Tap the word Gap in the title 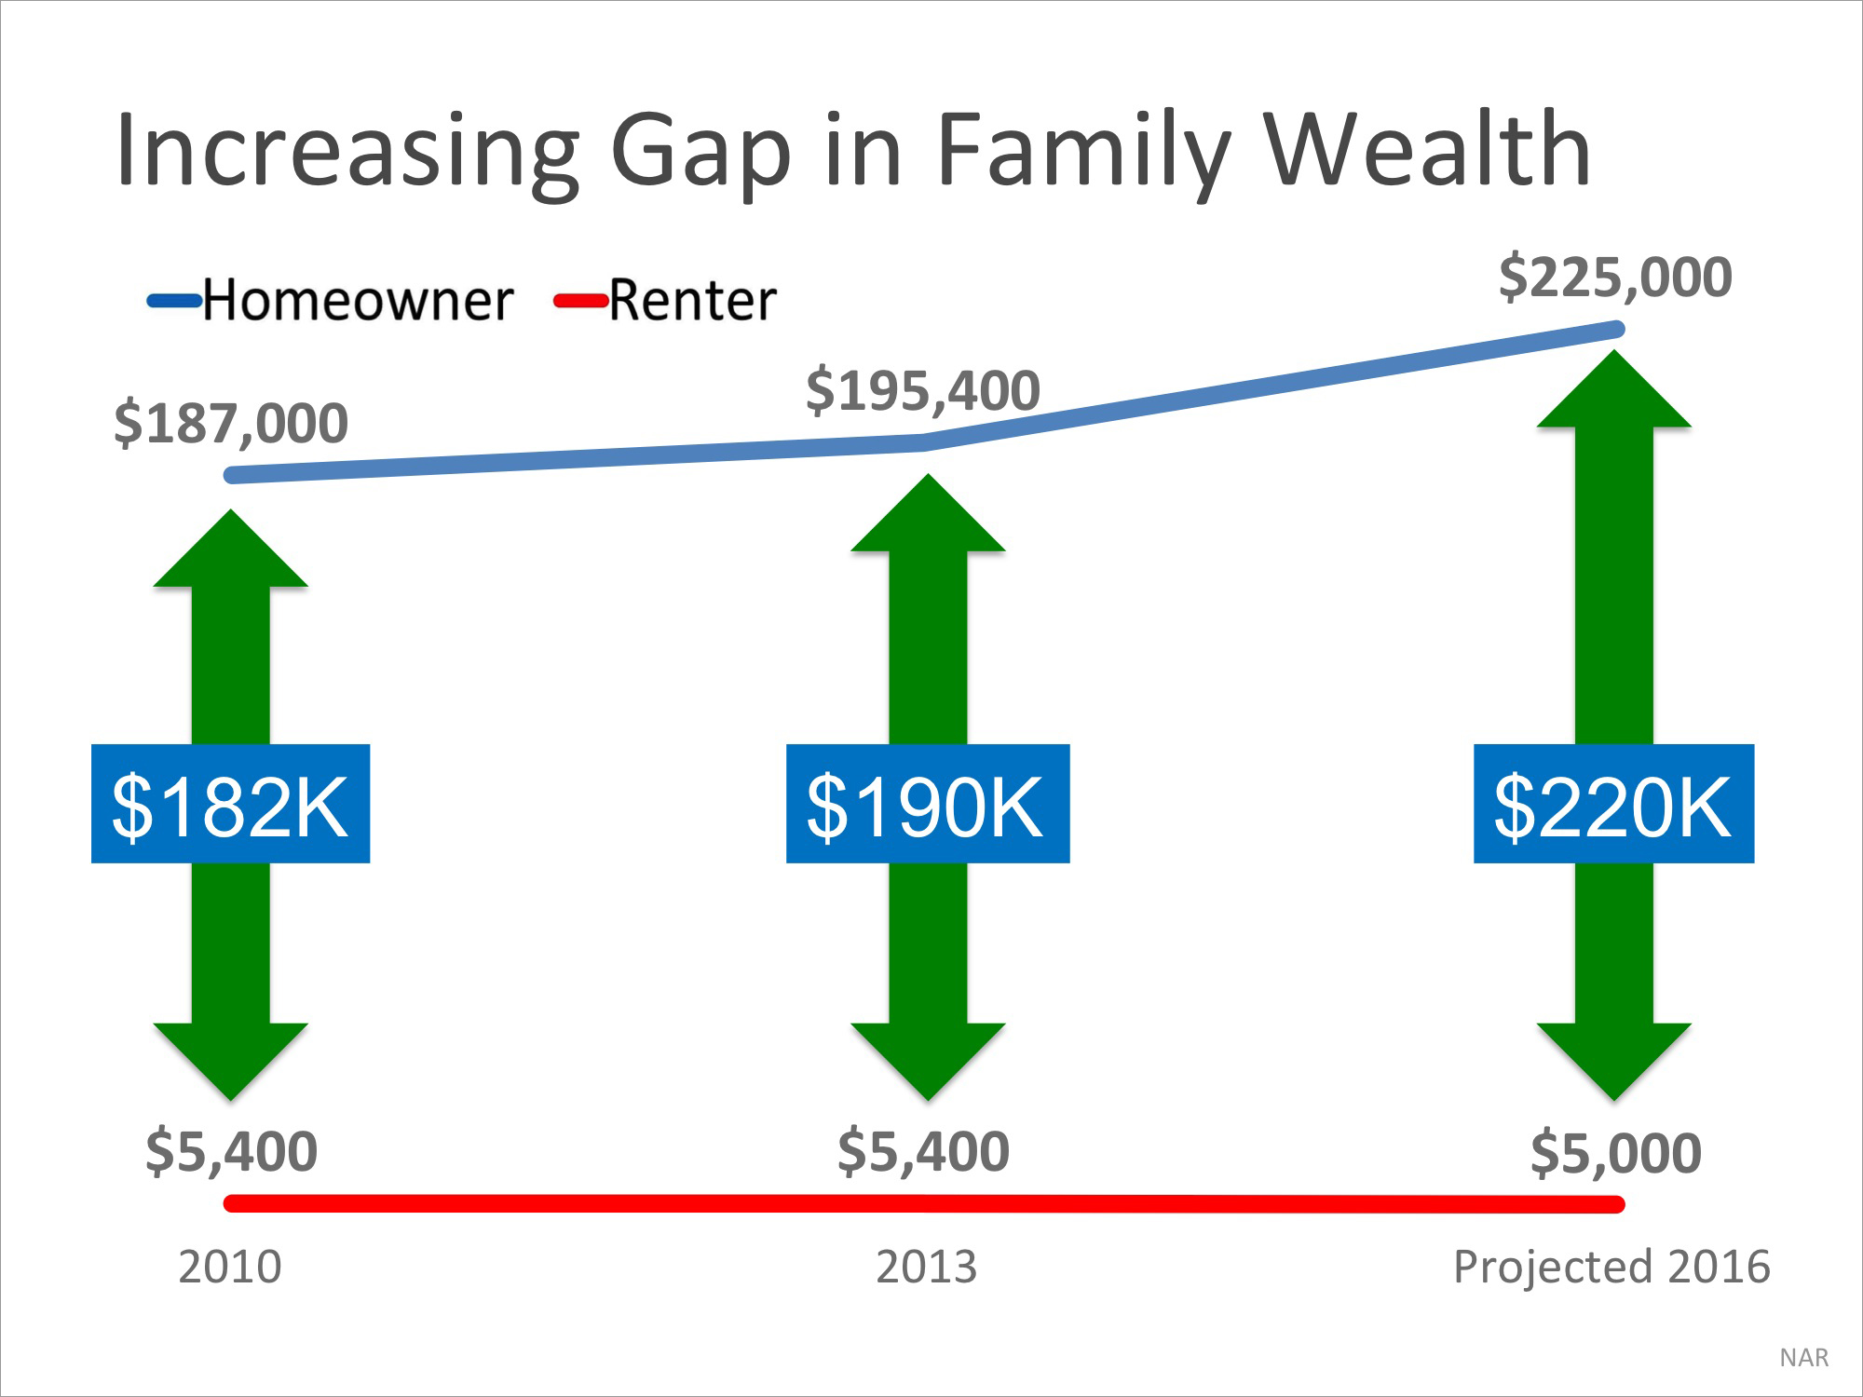pyautogui.click(x=700, y=154)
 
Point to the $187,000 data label pyautogui.click(x=231, y=424)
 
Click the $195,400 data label pyautogui.click(x=922, y=390)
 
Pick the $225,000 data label pyautogui.click(x=1615, y=278)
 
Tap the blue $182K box pyautogui.click(x=230, y=804)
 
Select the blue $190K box pyautogui.click(x=927, y=804)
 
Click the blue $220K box pyautogui.click(x=1613, y=804)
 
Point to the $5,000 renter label pyautogui.click(x=1616, y=1153)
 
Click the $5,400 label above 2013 pyautogui.click(x=923, y=1151)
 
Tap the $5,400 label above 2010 pyautogui.click(x=231, y=1151)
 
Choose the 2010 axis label pyautogui.click(x=229, y=1268)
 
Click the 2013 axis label pyautogui.click(x=926, y=1268)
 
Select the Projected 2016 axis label pyautogui.click(x=1611, y=1268)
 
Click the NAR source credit pyautogui.click(x=1803, y=1358)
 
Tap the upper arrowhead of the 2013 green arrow pyautogui.click(x=928, y=517)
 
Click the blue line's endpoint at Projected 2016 pyautogui.click(x=1616, y=329)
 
